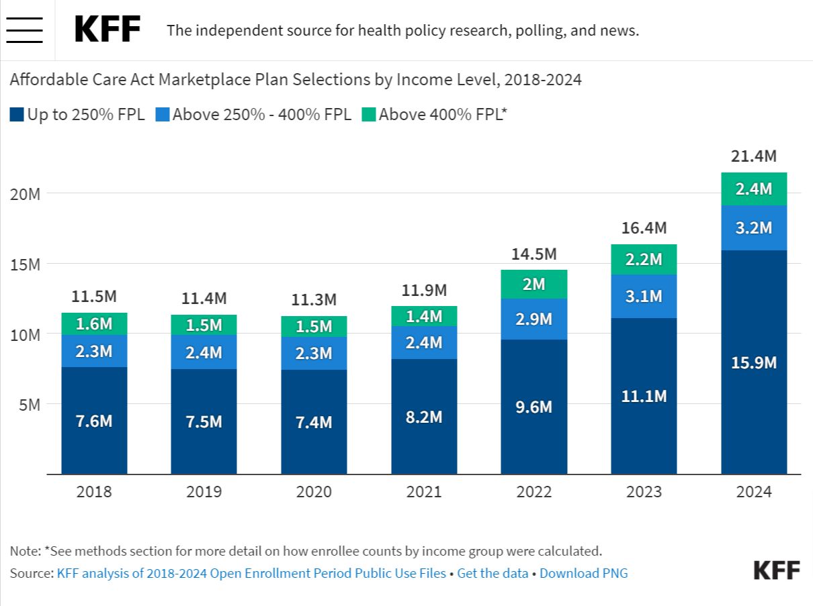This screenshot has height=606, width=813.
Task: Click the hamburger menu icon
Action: pyautogui.click(x=24, y=30)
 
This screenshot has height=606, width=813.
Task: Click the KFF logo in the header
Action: pyautogui.click(x=108, y=30)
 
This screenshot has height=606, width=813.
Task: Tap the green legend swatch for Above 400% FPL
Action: pyautogui.click(x=368, y=115)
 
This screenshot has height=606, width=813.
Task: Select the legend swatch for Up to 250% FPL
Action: pyautogui.click(x=17, y=115)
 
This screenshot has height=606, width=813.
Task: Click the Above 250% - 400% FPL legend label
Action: pyautogui.click(x=261, y=115)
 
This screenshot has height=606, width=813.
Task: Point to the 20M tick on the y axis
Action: pyautogui.click(x=26, y=194)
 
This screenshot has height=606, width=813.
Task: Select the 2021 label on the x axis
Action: pyautogui.click(x=424, y=492)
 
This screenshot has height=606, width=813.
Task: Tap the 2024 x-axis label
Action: pyautogui.click(x=754, y=492)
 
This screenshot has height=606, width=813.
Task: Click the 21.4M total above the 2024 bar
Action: pyautogui.click(x=754, y=156)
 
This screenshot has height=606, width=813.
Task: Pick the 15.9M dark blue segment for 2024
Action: pyautogui.click(x=754, y=362)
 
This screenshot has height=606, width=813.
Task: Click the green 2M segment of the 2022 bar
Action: pyautogui.click(x=534, y=285)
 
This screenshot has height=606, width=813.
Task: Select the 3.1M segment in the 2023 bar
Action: pyautogui.click(x=644, y=296)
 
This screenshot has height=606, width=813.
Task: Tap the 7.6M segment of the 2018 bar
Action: pyautogui.click(x=94, y=421)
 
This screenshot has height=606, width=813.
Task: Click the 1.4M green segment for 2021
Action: pyautogui.click(x=424, y=316)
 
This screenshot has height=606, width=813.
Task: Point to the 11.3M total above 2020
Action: pyautogui.click(x=314, y=299)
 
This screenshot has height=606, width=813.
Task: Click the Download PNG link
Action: pyautogui.click(x=583, y=573)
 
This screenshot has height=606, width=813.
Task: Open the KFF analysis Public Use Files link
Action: pyautogui.click(x=251, y=573)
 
